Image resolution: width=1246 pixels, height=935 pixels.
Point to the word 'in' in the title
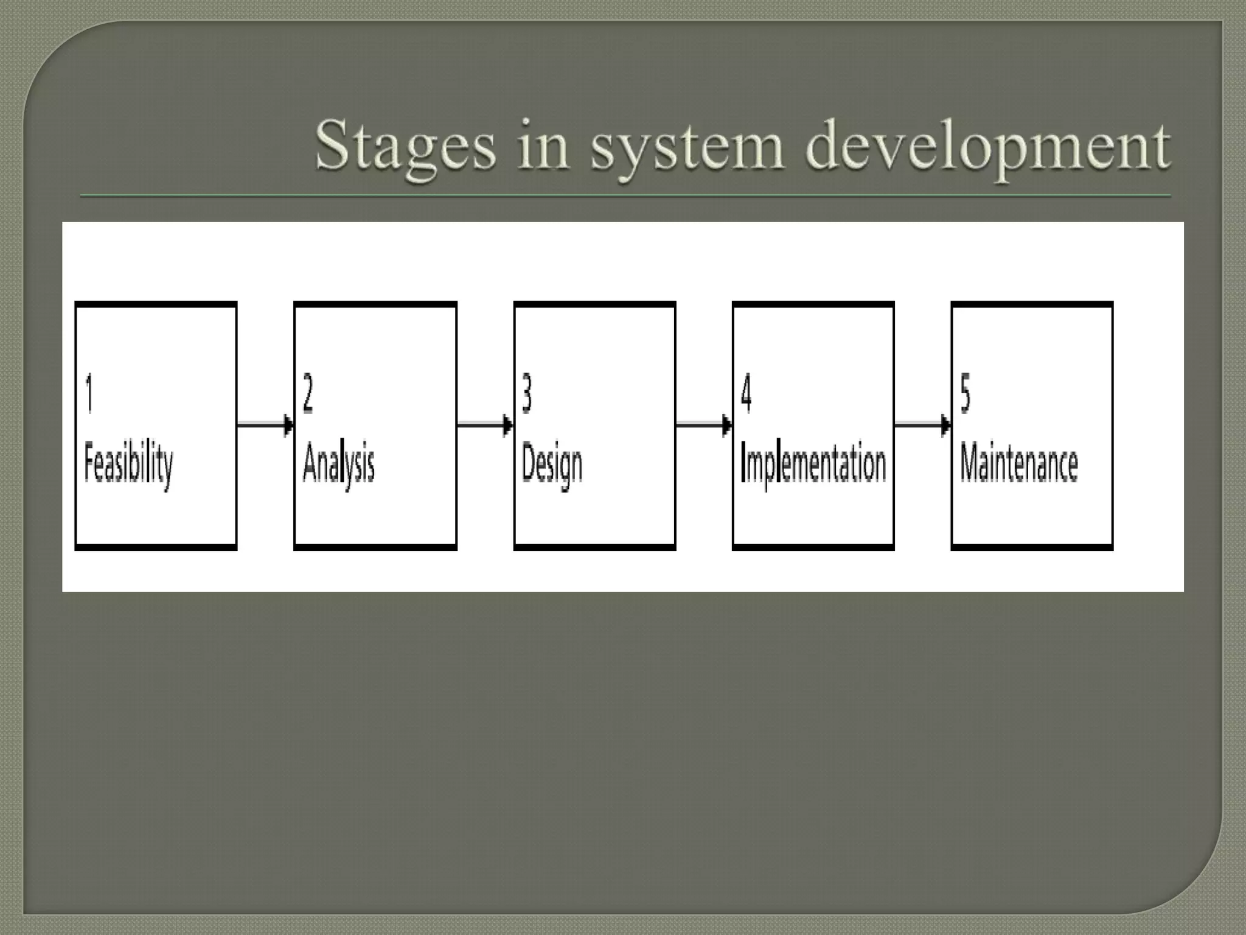pyautogui.click(x=543, y=146)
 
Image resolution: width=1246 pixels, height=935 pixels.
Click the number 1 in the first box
pyautogui.click(x=89, y=394)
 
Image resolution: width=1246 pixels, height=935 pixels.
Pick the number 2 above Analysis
pyautogui.click(x=308, y=394)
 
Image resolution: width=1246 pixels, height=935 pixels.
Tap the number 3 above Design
pyautogui.click(x=527, y=394)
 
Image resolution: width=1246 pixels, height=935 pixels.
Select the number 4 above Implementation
pyautogui.click(x=746, y=394)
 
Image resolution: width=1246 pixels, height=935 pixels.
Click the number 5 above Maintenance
pyautogui.click(x=965, y=394)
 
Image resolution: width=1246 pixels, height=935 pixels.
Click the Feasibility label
pyautogui.click(x=128, y=465)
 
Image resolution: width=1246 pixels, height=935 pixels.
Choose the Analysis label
pyautogui.click(x=339, y=465)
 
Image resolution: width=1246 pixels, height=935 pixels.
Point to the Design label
pyautogui.click(x=552, y=465)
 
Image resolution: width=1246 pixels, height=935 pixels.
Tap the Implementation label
pyautogui.click(x=813, y=465)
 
